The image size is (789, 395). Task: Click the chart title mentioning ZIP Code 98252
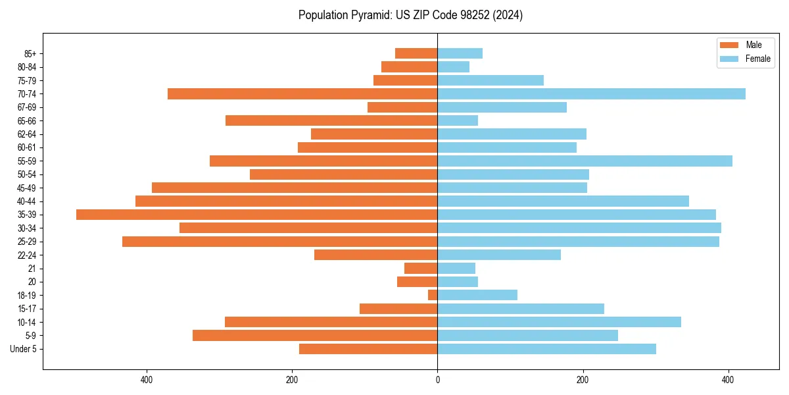tap(410, 15)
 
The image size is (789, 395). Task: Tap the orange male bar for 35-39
tap(256, 215)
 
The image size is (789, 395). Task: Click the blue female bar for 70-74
tap(591, 94)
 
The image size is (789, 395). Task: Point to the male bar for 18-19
tap(433, 295)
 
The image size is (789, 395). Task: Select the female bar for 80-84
tap(453, 67)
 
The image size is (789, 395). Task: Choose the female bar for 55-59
tap(585, 161)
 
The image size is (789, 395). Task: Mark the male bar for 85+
tap(416, 53)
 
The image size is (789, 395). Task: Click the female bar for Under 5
tap(546, 349)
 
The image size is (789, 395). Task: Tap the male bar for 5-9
tap(315, 336)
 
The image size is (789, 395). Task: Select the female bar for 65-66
tap(458, 120)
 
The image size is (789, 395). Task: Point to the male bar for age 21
tap(421, 269)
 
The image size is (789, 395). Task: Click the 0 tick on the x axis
tap(437, 380)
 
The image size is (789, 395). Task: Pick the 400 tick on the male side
tap(147, 380)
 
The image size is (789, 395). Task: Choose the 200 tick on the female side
tap(583, 380)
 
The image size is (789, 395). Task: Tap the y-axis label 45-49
tap(27, 188)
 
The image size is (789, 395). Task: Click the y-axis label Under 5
tap(23, 349)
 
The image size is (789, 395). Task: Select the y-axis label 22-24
tap(27, 255)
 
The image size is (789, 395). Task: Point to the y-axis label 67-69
tap(27, 107)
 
